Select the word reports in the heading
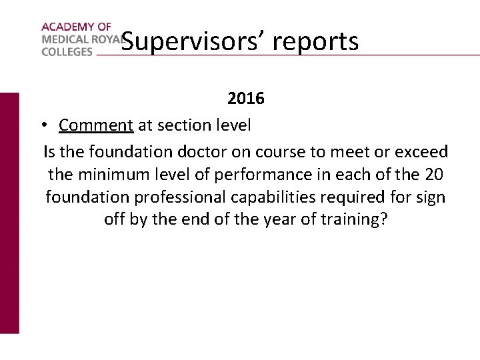coord(316,41)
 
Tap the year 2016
coord(246,99)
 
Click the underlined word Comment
coord(96,125)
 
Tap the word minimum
coord(109,174)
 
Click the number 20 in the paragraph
coord(433,174)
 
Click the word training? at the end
coord(359,219)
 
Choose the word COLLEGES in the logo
coord(67,51)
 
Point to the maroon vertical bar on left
coord(9,213)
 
